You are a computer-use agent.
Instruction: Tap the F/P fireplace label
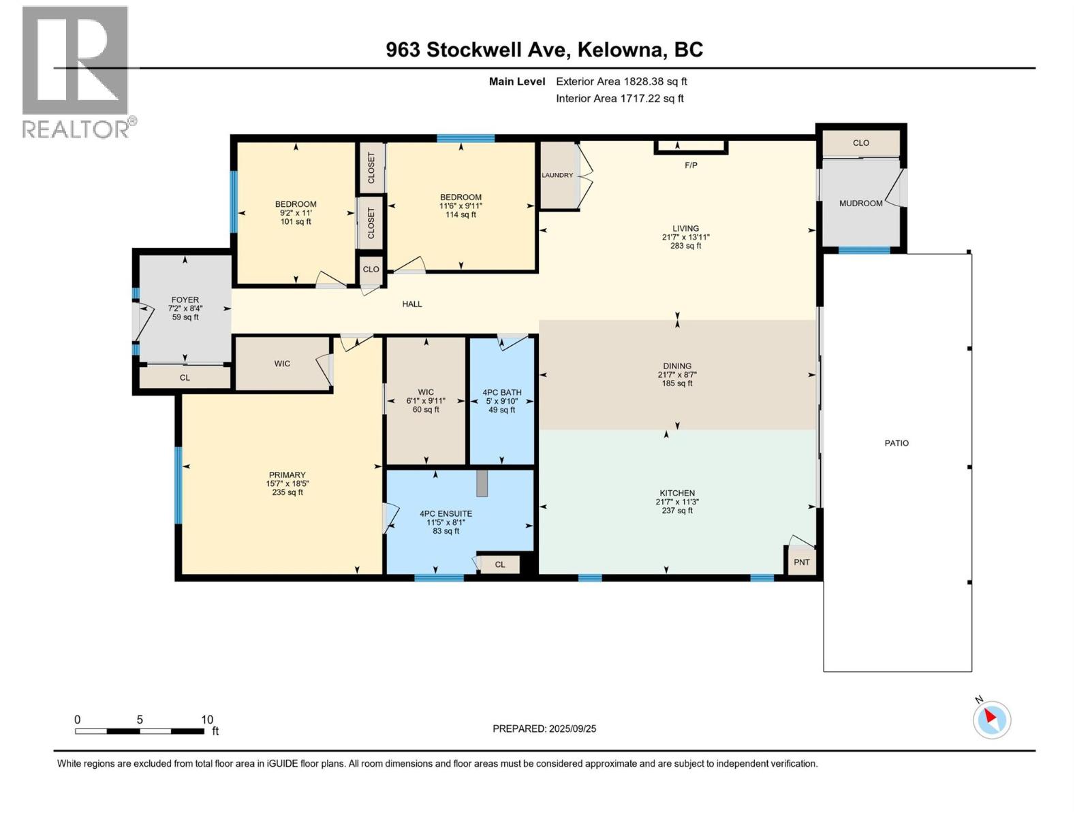coord(691,165)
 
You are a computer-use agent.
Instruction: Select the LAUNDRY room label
coord(557,176)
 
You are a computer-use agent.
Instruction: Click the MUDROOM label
coord(860,204)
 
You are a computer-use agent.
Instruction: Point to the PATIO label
coord(897,443)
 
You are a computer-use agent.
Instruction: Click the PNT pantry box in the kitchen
coord(802,562)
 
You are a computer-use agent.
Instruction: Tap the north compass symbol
coord(991,720)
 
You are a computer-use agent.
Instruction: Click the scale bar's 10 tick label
coord(207,720)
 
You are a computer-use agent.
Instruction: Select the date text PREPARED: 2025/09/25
coord(544,728)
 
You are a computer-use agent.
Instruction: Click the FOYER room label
coord(185,300)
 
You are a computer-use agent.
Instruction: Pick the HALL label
coord(412,304)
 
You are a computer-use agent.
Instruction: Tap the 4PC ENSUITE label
coord(446,514)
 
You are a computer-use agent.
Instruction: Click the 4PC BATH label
coord(502,393)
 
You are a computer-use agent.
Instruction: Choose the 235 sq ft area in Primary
coord(287,492)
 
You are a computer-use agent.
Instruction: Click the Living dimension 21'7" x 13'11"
coord(685,238)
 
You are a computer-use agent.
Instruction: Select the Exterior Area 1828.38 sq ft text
coord(621,82)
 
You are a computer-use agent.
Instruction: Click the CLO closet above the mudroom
coord(861,143)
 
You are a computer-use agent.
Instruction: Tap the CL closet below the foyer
coord(185,378)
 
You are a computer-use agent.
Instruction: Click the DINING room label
coord(677,366)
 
